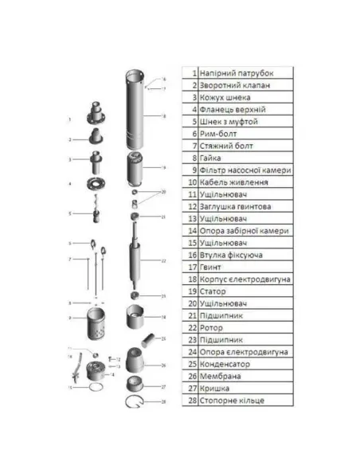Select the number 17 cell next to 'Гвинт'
(191, 267)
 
